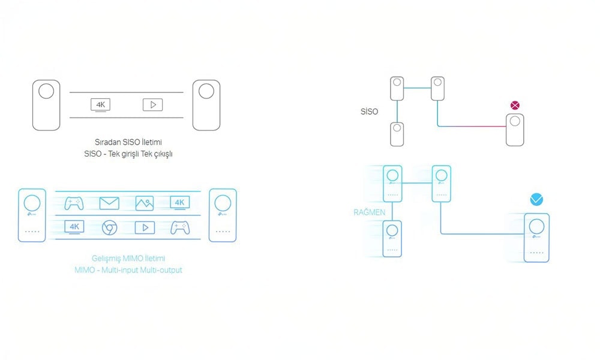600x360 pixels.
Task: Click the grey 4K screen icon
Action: tap(100, 105)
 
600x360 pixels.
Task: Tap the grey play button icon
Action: tap(152, 105)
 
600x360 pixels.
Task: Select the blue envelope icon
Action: tap(109, 203)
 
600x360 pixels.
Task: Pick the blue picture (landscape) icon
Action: tap(145, 203)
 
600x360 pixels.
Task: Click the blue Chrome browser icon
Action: tap(109, 227)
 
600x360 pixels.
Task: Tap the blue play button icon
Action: tap(145, 227)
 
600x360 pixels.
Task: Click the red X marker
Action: tap(515, 106)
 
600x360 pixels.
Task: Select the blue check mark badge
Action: tap(537, 199)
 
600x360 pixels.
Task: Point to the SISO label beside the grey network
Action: tap(370, 112)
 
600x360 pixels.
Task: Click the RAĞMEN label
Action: tap(370, 213)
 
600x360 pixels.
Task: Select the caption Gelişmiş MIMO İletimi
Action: tap(128, 259)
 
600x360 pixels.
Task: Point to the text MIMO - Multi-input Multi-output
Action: tap(128, 270)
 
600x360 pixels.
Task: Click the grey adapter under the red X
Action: tap(515, 130)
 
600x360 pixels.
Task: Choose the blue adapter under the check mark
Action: tap(537, 237)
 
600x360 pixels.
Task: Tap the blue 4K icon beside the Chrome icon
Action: tap(74, 227)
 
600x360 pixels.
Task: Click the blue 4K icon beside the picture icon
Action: tap(179, 203)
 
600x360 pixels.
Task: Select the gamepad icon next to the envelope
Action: tap(74, 203)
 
